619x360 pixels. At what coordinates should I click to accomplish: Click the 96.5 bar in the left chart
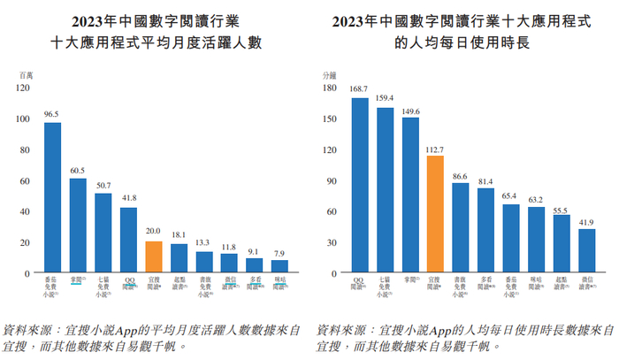(x=53, y=196)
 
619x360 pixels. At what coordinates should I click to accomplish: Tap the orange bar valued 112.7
(x=434, y=213)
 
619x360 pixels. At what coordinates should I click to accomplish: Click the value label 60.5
(x=78, y=170)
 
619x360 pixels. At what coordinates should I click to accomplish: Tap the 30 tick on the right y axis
(x=331, y=241)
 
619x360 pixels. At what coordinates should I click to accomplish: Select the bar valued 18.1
(x=179, y=257)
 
